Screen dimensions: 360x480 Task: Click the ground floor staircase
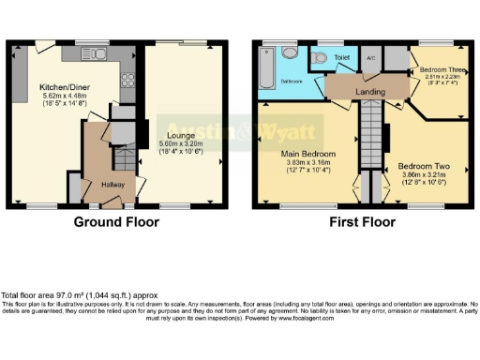(x=97, y=151)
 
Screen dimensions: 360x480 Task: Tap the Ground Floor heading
(x=117, y=222)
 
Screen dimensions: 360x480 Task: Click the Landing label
(x=367, y=92)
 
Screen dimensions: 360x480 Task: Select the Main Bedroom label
(x=308, y=152)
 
